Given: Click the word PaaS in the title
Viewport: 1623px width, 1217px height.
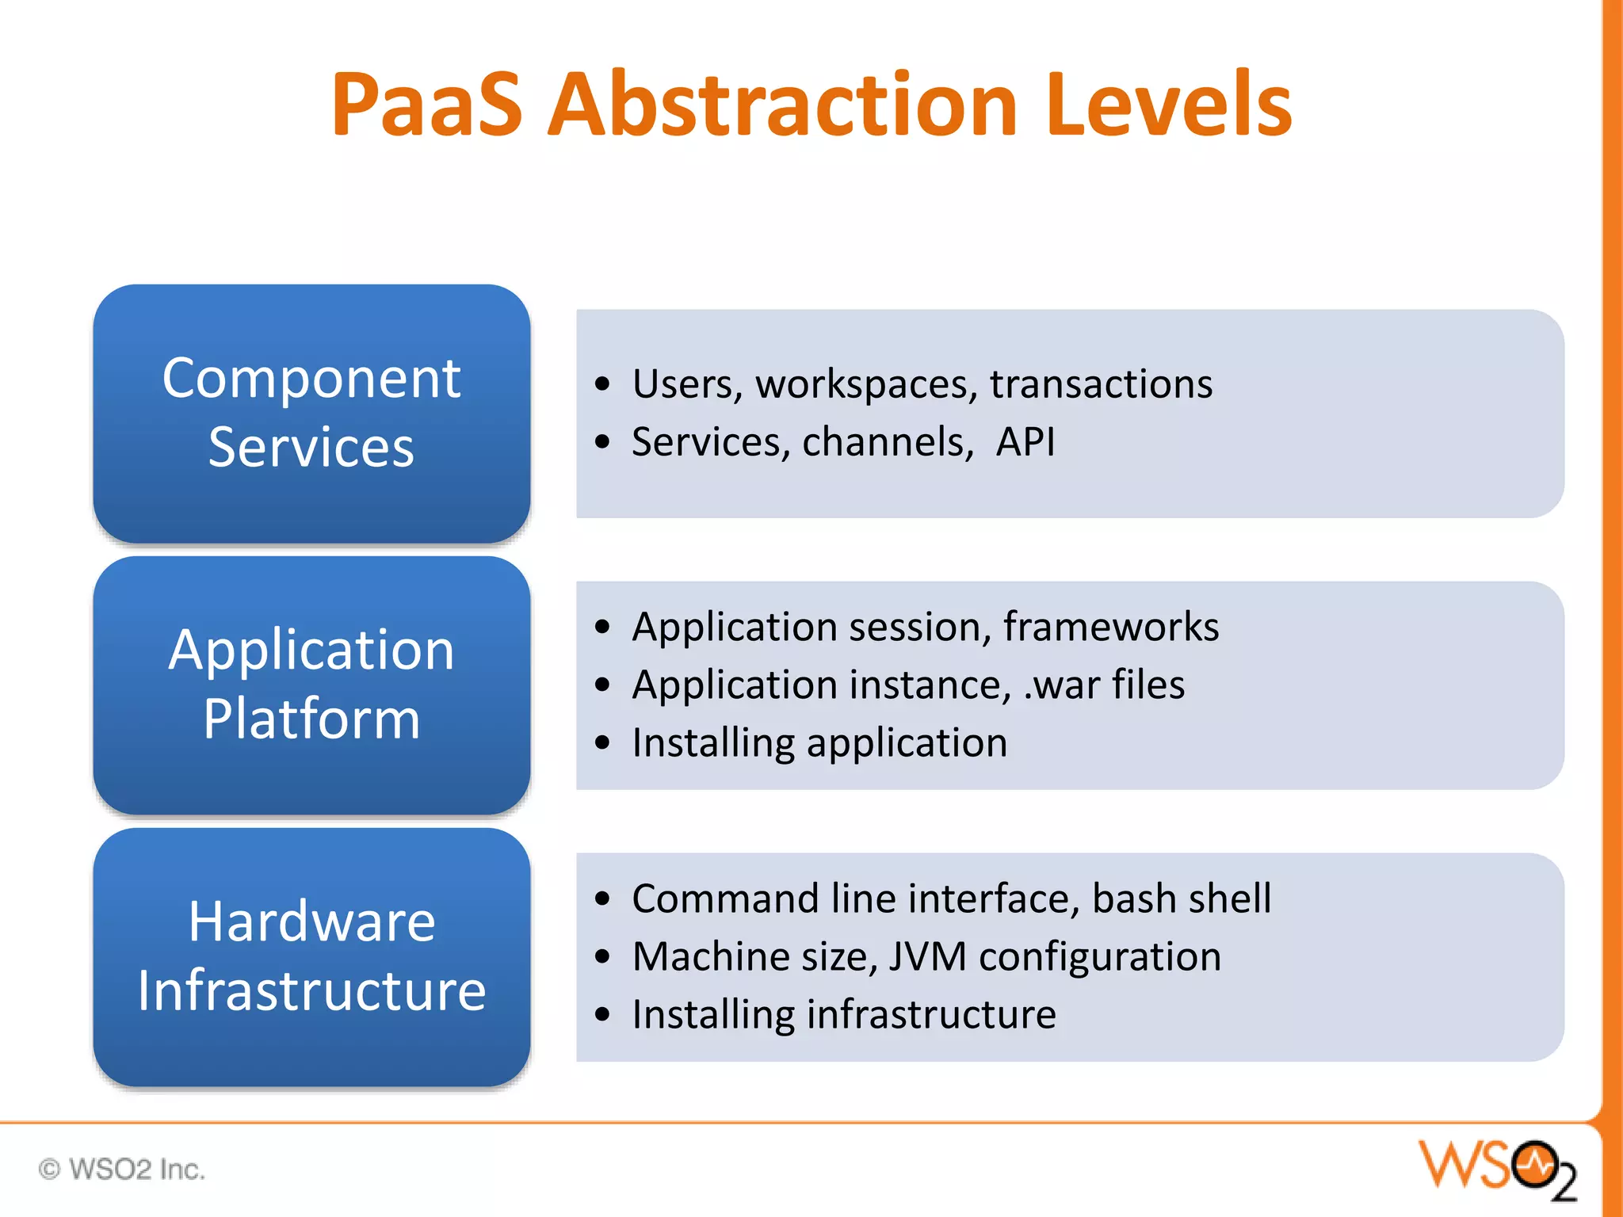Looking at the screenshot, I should click(x=426, y=105).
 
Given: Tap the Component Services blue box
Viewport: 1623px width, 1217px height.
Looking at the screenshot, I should click(x=311, y=413).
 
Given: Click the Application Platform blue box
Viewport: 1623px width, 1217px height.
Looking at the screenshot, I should click(x=311, y=685).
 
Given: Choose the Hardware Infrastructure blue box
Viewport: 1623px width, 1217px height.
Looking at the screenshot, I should click(x=311, y=956).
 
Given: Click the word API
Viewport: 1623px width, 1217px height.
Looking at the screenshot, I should click(x=1025, y=442).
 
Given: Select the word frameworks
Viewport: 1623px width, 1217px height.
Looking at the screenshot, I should click(x=1110, y=627).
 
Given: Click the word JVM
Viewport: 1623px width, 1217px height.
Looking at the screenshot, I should click(x=927, y=956).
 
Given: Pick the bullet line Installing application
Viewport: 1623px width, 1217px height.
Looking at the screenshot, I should click(x=819, y=743).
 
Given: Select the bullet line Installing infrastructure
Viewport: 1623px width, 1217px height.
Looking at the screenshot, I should click(x=843, y=1015).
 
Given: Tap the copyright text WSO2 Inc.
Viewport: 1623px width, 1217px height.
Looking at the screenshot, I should click(x=123, y=1169).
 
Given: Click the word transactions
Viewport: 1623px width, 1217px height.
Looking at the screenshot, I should click(x=1101, y=384).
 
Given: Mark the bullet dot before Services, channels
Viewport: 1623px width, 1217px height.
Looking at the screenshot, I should click(x=603, y=442).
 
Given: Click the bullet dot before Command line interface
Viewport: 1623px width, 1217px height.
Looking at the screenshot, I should click(x=603, y=898).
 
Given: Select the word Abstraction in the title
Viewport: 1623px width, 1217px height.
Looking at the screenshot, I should click(x=782, y=105).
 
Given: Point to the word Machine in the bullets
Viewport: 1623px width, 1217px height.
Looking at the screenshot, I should click(x=711, y=956).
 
